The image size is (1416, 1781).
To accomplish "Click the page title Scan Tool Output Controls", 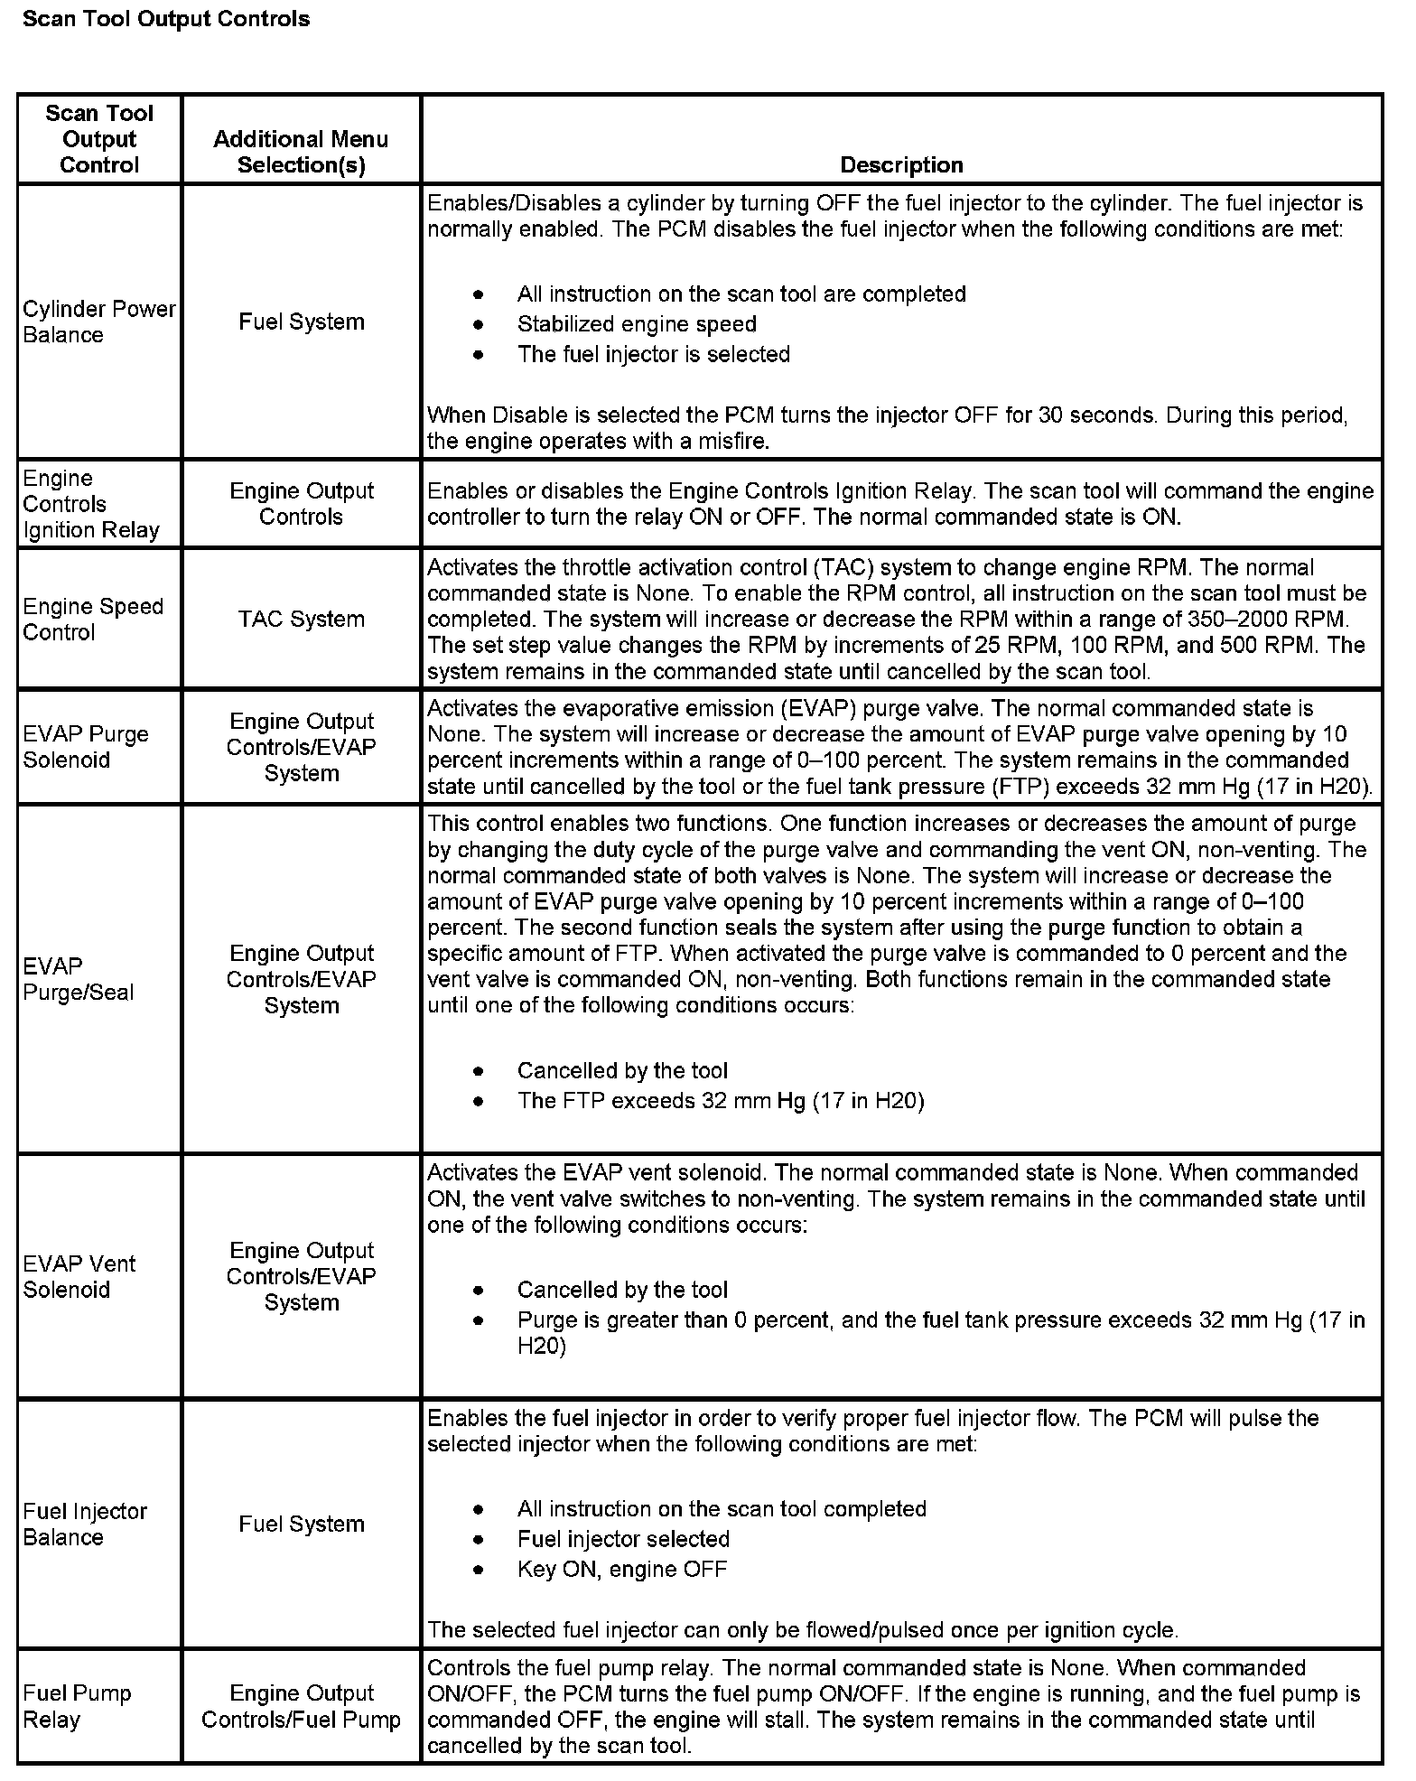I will point(166,19).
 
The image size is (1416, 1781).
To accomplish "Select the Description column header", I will point(901,164).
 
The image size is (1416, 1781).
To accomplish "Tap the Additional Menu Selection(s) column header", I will point(301,152).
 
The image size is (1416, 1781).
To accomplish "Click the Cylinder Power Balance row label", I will point(98,322).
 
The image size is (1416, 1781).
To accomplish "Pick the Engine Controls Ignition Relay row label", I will point(90,504).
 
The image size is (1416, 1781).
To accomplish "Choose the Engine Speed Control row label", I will point(93,619).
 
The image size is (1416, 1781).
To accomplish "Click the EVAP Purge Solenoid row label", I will point(86,747).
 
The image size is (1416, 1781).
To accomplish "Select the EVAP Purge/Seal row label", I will point(79,979).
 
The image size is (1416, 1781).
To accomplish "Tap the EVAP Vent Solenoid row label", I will point(79,1276).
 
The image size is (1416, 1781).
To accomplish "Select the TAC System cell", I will point(301,619).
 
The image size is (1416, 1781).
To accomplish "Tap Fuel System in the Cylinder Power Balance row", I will point(301,322).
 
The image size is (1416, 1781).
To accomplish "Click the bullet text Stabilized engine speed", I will point(637,323).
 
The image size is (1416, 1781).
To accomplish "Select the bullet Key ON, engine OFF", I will point(621,1569).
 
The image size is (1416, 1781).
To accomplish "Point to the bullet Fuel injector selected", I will point(623,1539).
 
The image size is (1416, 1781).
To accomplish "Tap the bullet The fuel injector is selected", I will point(653,354).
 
